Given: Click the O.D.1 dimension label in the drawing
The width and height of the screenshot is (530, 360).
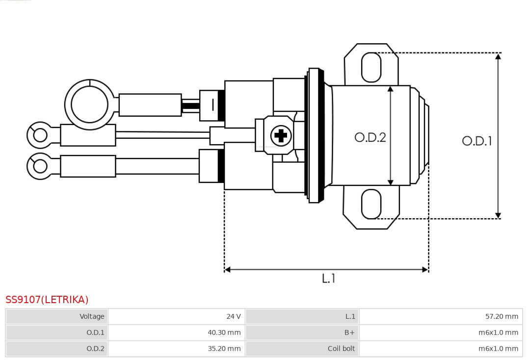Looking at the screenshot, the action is point(477,141).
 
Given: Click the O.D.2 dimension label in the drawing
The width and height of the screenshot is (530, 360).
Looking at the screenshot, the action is point(370,137).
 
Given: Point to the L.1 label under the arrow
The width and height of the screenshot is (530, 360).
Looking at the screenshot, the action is point(328,278).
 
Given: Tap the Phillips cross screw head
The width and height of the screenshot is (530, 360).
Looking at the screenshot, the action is point(281,136).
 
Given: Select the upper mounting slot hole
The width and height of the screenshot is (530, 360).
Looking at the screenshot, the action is point(371,67).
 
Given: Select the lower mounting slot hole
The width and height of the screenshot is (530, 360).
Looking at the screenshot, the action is point(371,204).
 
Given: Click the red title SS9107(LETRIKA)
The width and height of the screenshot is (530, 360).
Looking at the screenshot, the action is point(47,300).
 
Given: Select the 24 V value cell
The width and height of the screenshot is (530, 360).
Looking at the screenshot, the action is point(177,316).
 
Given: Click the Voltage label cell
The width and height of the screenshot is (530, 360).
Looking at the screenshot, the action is point(57,316).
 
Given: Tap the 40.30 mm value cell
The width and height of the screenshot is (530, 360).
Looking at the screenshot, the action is point(177,333).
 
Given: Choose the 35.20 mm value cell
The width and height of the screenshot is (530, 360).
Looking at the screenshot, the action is point(177,349).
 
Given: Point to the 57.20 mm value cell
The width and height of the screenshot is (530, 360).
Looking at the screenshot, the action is point(441,316).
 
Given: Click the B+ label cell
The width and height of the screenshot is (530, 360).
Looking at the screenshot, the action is point(302,333).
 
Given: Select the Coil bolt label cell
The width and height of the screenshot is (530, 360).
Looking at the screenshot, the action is point(302,349).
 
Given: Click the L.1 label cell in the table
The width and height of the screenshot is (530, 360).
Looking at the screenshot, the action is point(302,316).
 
